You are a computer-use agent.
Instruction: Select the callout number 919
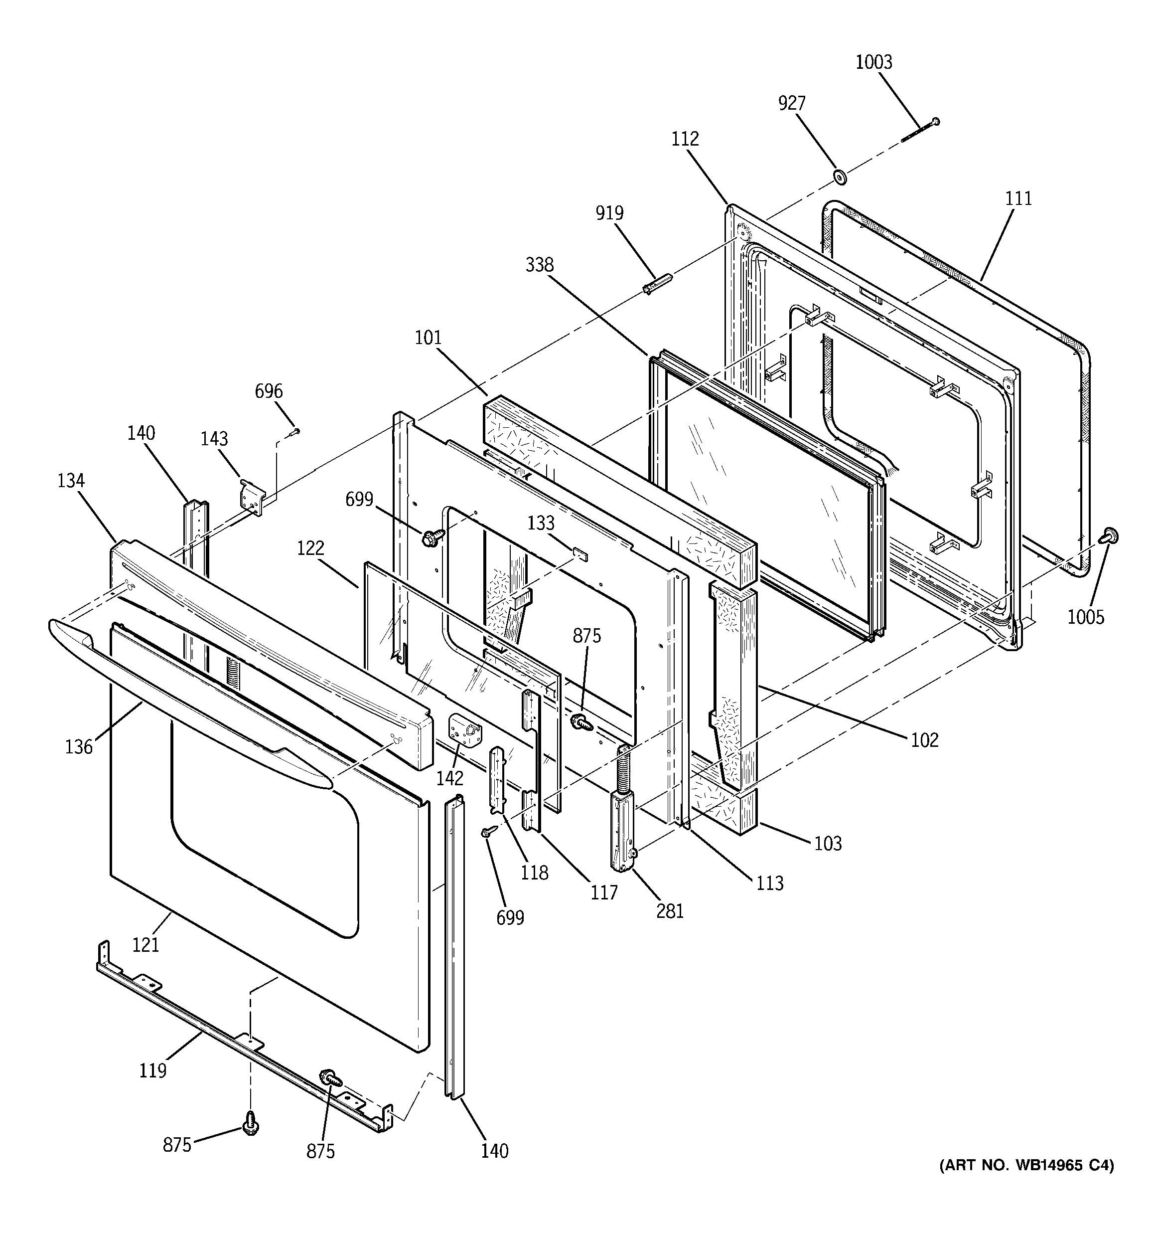pyautogui.click(x=609, y=213)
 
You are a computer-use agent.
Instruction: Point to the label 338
pyautogui.click(x=539, y=265)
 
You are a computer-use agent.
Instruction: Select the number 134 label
pyautogui.click(x=71, y=481)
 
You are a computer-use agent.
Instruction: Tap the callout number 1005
pyautogui.click(x=1086, y=617)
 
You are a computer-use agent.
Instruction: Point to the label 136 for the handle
pyautogui.click(x=79, y=747)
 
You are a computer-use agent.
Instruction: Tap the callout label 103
pyautogui.click(x=828, y=844)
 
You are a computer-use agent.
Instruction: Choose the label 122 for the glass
pyautogui.click(x=310, y=548)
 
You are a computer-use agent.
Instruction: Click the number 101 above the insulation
pyautogui.click(x=428, y=339)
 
